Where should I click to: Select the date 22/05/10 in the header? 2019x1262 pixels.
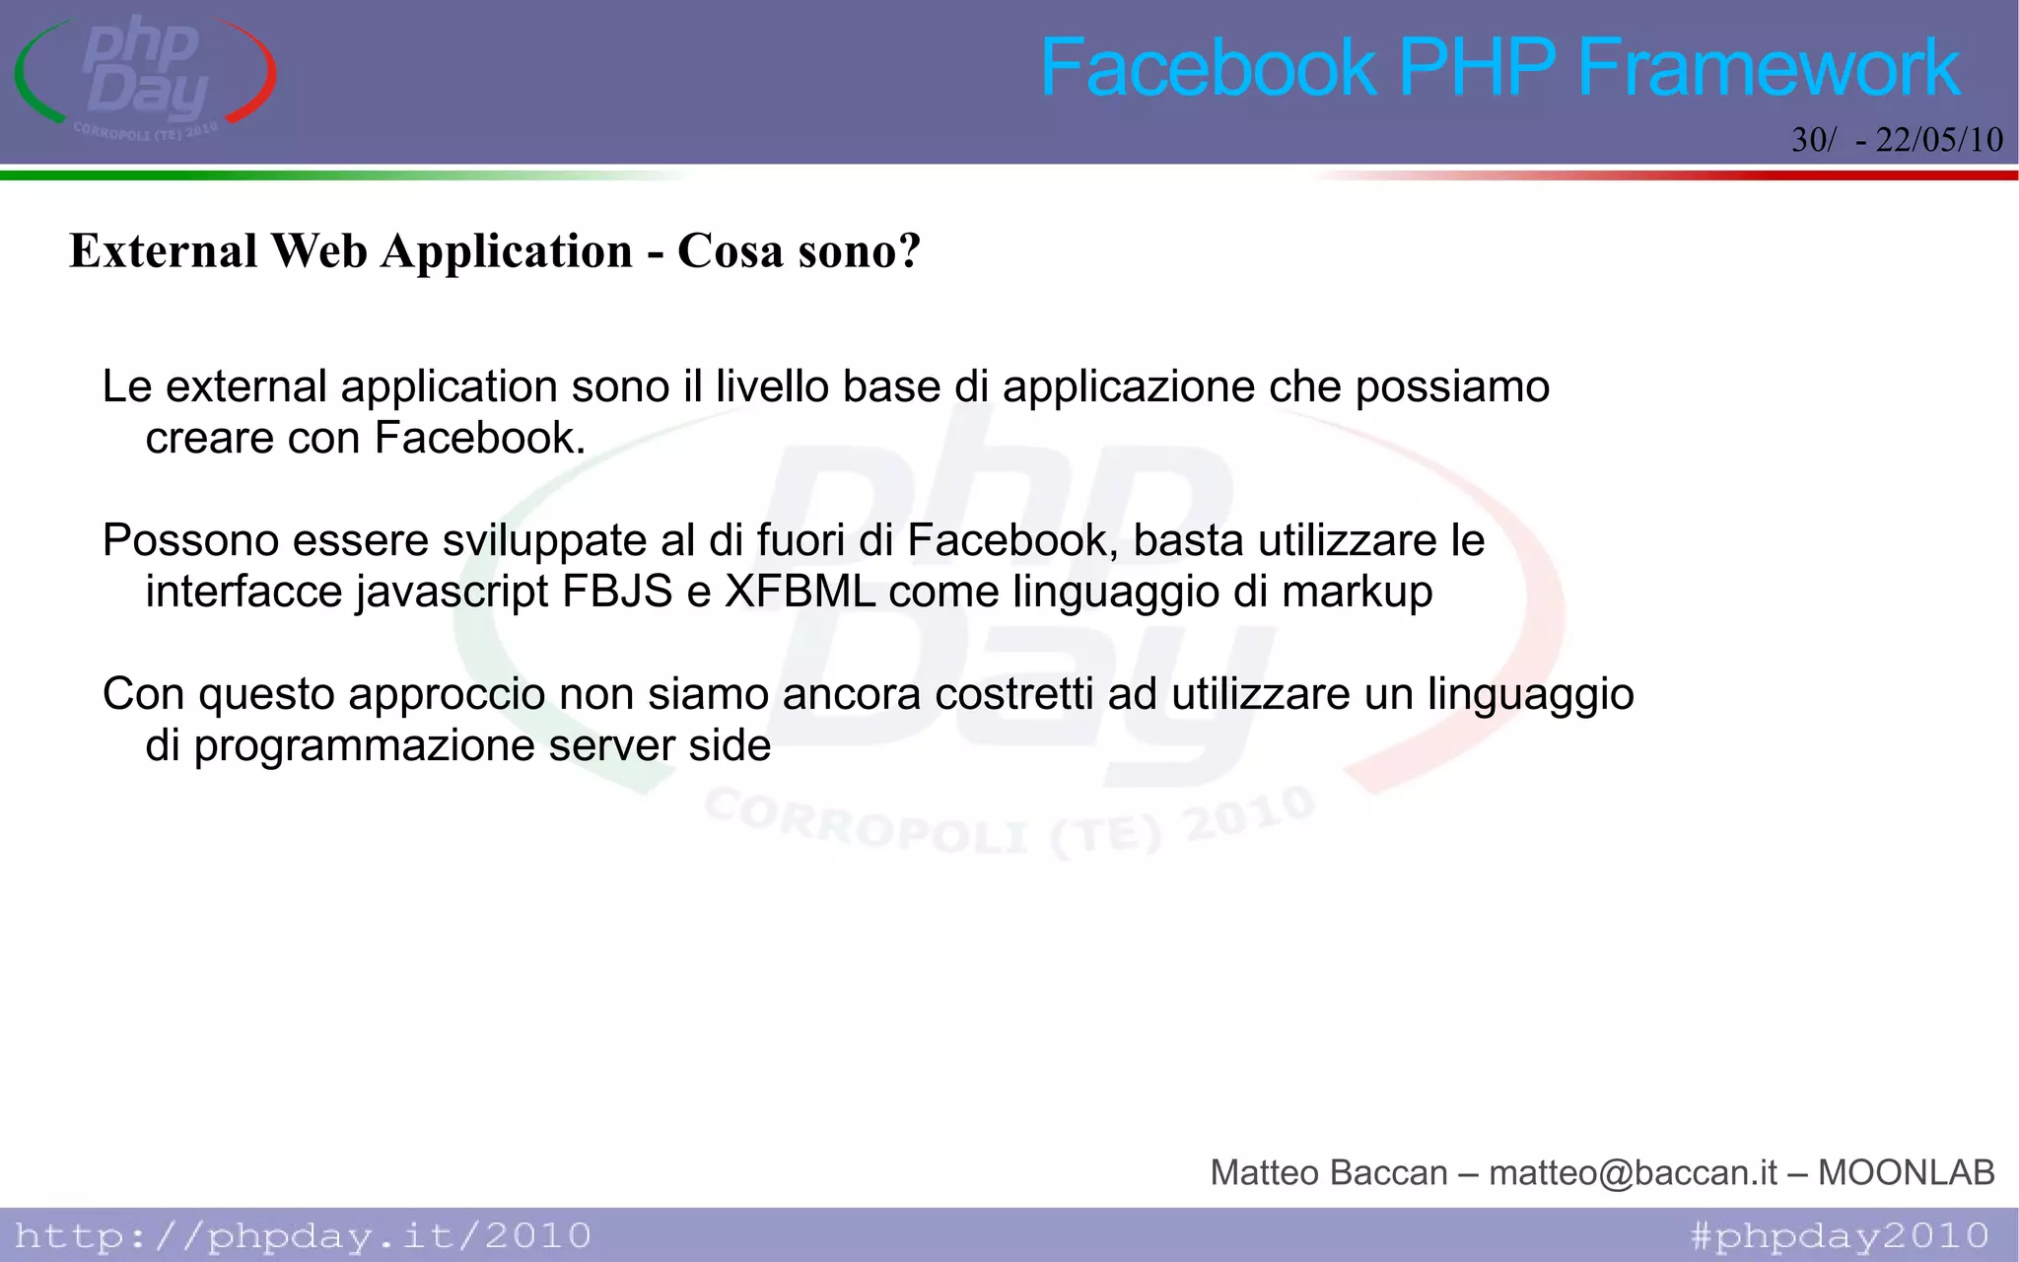(1939, 140)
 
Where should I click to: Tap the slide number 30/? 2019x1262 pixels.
(1813, 140)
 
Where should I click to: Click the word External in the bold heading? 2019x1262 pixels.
(164, 250)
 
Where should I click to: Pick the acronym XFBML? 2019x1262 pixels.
(800, 592)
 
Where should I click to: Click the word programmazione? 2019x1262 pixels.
(364, 746)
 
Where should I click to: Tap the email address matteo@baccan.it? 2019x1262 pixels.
(1633, 1172)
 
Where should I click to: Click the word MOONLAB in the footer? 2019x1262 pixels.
(1906, 1172)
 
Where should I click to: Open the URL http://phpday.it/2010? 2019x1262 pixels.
(303, 1235)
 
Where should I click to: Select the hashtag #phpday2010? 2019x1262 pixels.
(1840, 1235)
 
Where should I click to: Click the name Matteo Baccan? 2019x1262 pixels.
(1328, 1172)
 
